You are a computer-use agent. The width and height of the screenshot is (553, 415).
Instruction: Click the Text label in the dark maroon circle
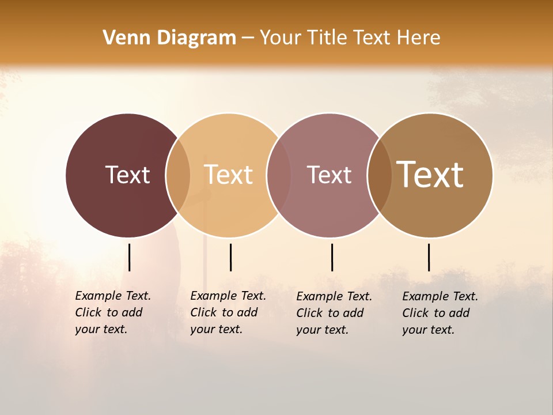(127, 175)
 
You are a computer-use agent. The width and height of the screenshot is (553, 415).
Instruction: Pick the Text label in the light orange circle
(228, 175)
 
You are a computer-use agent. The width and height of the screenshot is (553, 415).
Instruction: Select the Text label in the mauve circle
(329, 175)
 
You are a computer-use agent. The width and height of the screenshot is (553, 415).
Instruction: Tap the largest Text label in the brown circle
(430, 174)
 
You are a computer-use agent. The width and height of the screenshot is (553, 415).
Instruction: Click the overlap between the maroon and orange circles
(178, 175)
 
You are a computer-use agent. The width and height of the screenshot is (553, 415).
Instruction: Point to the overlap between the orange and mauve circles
(278, 175)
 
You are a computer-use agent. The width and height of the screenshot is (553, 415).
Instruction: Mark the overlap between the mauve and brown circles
(379, 175)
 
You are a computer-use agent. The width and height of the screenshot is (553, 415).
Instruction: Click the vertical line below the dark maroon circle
(129, 257)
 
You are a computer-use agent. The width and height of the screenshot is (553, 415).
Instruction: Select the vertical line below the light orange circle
(230, 257)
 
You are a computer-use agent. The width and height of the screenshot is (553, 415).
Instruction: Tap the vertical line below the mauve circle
(332, 257)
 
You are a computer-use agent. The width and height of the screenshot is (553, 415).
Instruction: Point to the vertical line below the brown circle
(429, 257)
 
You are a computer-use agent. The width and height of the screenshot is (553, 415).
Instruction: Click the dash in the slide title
(248, 39)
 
